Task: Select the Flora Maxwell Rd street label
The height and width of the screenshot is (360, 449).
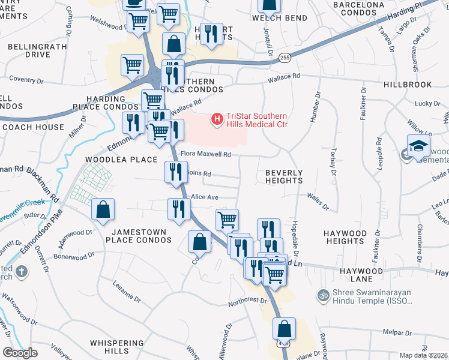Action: [206, 154]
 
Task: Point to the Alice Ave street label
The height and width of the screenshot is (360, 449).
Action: [205, 197]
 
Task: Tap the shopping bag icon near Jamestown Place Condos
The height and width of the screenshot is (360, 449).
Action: [103, 209]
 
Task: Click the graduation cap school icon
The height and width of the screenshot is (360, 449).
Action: [418, 146]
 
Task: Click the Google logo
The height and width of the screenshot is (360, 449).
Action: [21, 352]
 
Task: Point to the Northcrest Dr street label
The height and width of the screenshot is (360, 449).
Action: [247, 302]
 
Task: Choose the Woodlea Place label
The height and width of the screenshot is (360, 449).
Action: [116, 160]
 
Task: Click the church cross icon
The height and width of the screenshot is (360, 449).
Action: [22, 271]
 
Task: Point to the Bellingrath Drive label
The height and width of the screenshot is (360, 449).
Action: [29, 50]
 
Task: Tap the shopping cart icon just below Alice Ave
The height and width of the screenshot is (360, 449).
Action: [227, 220]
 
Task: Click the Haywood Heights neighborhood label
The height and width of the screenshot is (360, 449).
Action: [345, 237]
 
